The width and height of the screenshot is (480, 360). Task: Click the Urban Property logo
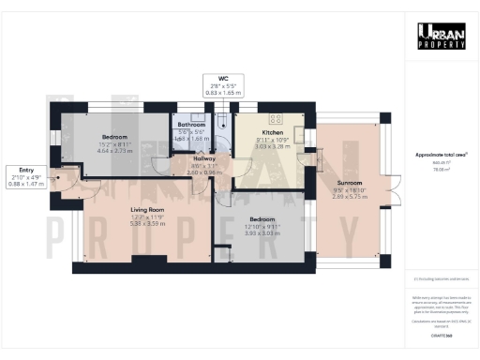pos(441,36)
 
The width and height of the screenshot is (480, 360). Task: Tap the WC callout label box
pos(222,87)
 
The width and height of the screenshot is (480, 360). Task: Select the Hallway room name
pos(204,159)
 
